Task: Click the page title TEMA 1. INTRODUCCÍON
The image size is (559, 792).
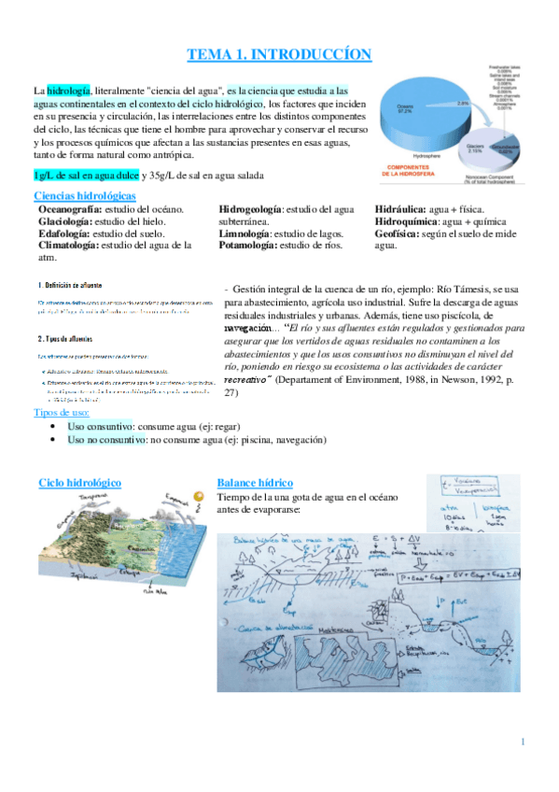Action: coord(280,54)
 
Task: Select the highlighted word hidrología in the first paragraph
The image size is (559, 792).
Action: coord(69,91)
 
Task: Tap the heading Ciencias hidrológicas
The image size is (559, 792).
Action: coord(85,196)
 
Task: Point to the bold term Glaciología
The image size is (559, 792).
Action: coord(66,222)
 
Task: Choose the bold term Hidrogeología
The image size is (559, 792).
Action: coord(249,210)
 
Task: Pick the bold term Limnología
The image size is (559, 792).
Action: coord(244,233)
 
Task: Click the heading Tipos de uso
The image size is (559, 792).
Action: coord(62,412)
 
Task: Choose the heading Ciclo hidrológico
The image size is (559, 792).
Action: coord(80,482)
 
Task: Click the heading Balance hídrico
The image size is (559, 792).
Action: coord(255,482)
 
